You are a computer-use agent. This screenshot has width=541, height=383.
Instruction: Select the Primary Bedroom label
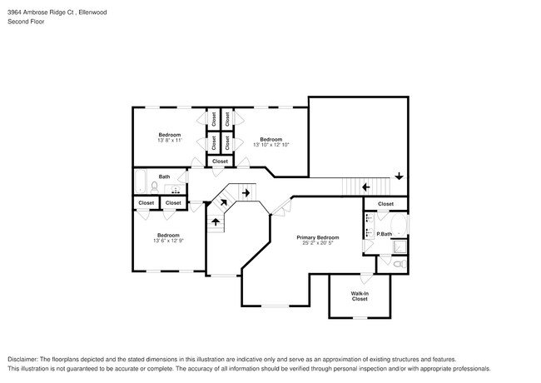(318, 237)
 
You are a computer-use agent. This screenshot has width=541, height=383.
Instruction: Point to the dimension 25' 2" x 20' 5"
(318, 244)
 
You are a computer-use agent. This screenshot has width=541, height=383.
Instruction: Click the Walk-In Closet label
(360, 296)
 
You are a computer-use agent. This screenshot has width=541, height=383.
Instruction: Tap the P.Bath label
(384, 234)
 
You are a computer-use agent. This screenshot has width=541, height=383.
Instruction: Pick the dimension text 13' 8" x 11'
(170, 140)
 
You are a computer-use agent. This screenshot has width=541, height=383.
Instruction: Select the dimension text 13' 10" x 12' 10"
(270, 145)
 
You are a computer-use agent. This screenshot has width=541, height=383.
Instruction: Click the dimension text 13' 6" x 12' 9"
(169, 241)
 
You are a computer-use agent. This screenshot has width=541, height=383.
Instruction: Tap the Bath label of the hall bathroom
(165, 177)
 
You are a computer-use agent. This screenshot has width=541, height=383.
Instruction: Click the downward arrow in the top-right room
(400, 176)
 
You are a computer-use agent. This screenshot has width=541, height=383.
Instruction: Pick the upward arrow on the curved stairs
(216, 221)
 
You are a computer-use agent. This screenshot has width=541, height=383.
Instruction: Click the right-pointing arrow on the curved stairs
(246, 194)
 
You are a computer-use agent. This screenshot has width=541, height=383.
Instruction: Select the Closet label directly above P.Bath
(385, 203)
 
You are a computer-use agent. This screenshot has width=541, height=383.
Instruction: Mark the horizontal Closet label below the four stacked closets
(220, 161)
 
